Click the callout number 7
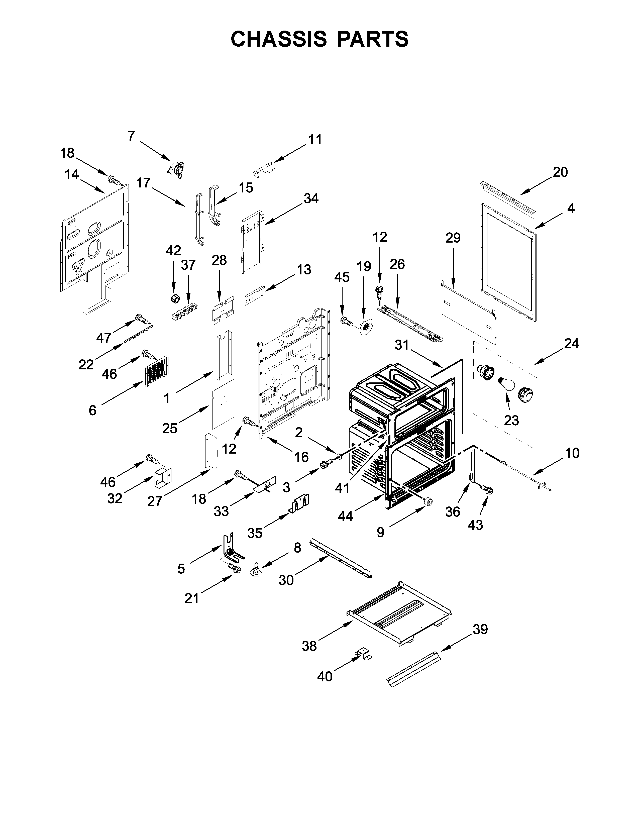pyautogui.click(x=131, y=136)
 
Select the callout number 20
pyautogui.click(x=560, y=172)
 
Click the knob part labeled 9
pyautogui.click(x=428, y=502)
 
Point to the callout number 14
pyautogui.click(x=72, y=175)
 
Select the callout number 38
pyautogui.click(x=309, y=646)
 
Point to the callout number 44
pyautogui.click(x=345, y=516)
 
